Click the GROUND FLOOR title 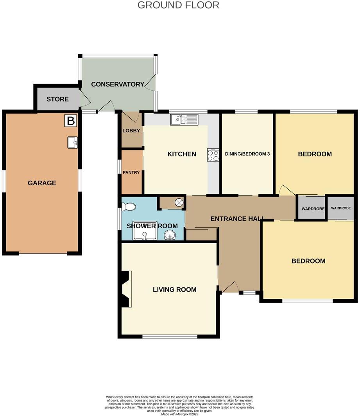coord(178,5)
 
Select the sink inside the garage coord(73,142)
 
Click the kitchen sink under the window coord(184,119)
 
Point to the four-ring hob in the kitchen coord(213,156)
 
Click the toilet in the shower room coord(129,206)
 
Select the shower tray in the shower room coord(145,231)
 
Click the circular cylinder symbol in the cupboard coord(179,203)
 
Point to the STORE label coord(57,99)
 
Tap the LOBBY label coord(131,131)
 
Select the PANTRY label coord(131,172)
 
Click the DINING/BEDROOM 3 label coord(247,154)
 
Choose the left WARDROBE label coord(313,209)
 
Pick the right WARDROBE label coord(341,208)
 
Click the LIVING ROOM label coord(174,290)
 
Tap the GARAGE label coord(42,183)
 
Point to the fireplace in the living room coord(125,289)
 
